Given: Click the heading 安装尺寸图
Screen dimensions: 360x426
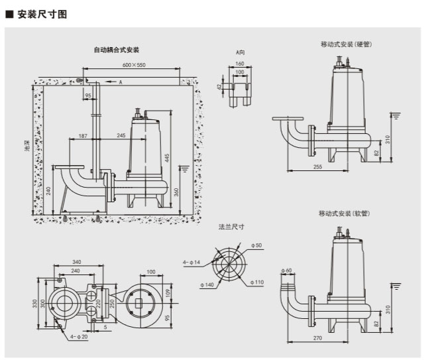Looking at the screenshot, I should click(41, 13).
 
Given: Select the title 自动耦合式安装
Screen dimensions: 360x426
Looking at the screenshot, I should click(116, 50).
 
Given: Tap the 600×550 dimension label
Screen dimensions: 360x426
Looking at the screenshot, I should click(134, 65).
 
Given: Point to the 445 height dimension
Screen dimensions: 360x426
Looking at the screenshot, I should click(168, 157).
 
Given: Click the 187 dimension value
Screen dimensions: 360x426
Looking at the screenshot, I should click(83, 136).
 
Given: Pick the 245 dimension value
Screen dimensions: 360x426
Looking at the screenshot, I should click(121, 136).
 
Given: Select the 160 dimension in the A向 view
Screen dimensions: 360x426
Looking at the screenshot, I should click(240, 64).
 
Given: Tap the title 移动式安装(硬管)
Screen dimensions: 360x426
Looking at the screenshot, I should click(345, 44).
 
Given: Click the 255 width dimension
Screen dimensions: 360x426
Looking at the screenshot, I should click(318, 167).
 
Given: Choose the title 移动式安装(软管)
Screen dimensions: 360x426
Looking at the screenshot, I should click(343, 213).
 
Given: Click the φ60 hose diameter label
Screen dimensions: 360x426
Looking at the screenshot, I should click(286, 270).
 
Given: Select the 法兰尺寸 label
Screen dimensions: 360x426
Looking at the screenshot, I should click(232, 227).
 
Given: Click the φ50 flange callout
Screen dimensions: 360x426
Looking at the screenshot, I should click(257, 245).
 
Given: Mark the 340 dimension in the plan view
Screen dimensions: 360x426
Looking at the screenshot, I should click(77, 262).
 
